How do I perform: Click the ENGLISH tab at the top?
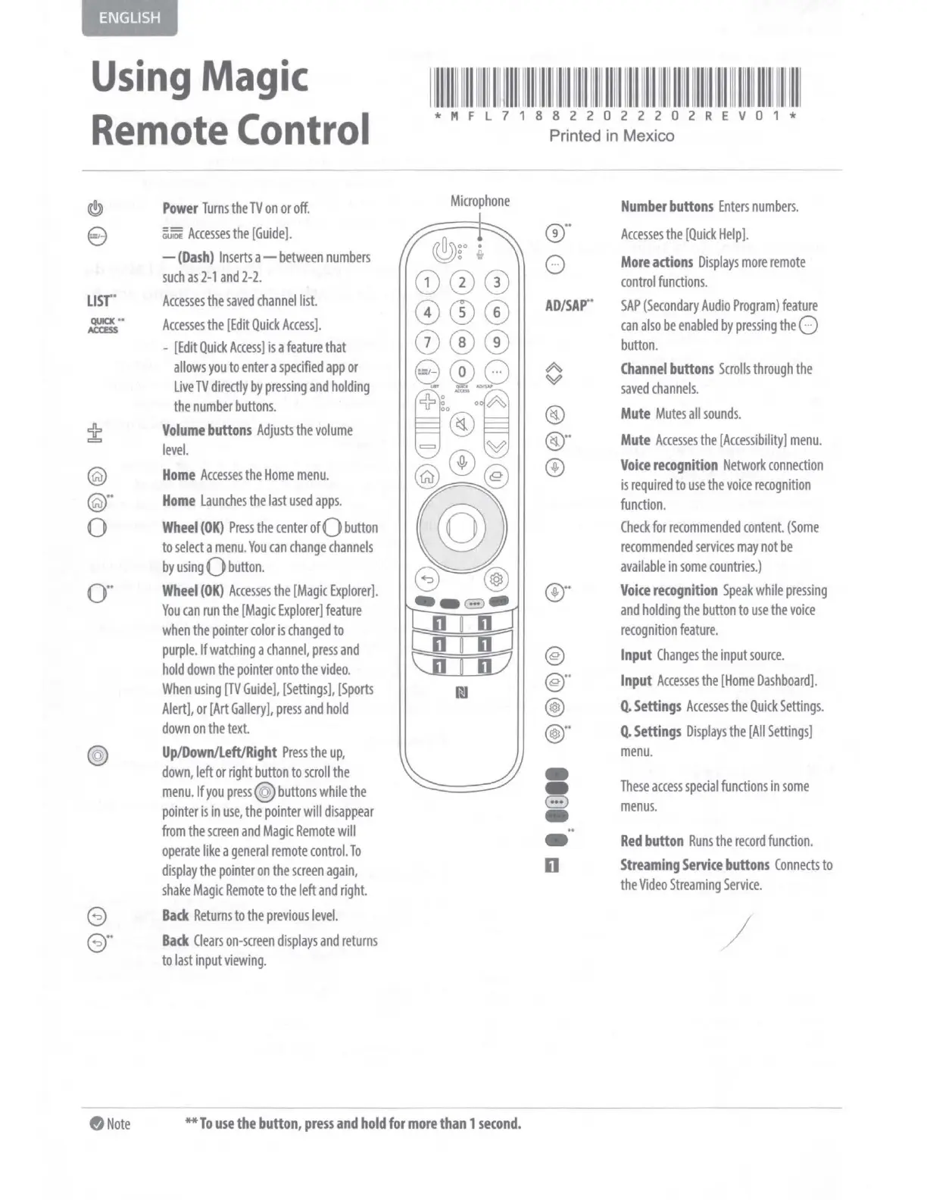(130, 18)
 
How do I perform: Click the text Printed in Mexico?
(611, 136)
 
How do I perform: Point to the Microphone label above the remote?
(479, 201)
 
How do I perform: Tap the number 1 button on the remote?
(427, 283)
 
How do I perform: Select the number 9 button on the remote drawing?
(496, 342)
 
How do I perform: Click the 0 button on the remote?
(461, 372)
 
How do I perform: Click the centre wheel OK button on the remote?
(461, 529)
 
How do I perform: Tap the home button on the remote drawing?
(427, 477)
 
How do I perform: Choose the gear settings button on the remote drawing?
(496, 580)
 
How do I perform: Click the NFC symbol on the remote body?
(461, 692)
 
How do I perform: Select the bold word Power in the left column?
(179, 208)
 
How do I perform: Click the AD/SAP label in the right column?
(567, 306)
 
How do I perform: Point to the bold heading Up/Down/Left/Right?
(219, 752)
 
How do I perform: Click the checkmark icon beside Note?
(96, 1124)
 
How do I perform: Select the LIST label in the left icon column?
(100, 302)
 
